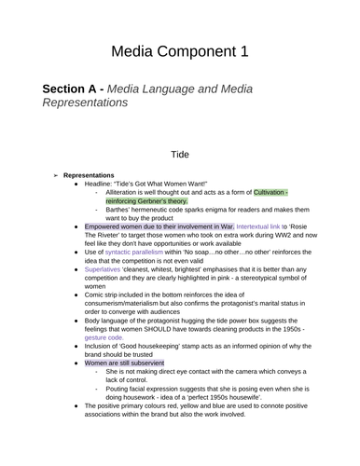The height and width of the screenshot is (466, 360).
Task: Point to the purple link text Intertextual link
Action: (264, 226)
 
